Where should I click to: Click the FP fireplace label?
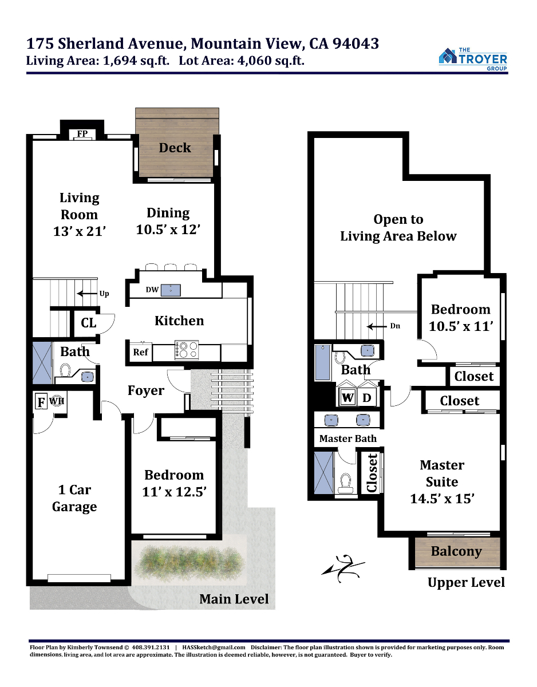(82, 133)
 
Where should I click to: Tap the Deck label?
(175, 148)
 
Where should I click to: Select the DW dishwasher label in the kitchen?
(152, 290)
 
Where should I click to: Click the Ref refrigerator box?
(140, 352)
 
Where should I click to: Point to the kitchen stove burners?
(187, 350)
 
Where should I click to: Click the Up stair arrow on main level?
(87, 294)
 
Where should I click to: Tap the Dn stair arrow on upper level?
(377, 326)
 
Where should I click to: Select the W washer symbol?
(348, 397)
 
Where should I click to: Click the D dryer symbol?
(366, 397)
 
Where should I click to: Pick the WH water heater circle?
(57, 401)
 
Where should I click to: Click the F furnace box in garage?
(41, 401)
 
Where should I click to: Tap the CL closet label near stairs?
(89, 323)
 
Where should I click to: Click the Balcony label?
(456, 552)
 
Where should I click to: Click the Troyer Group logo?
(473, 59)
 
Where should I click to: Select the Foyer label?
(146, 391)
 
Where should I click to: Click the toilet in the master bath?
(345, 483)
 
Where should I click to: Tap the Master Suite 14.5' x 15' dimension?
(442, 499)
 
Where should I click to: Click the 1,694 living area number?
(120, 61)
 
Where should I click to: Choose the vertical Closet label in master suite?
(372, 473)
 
